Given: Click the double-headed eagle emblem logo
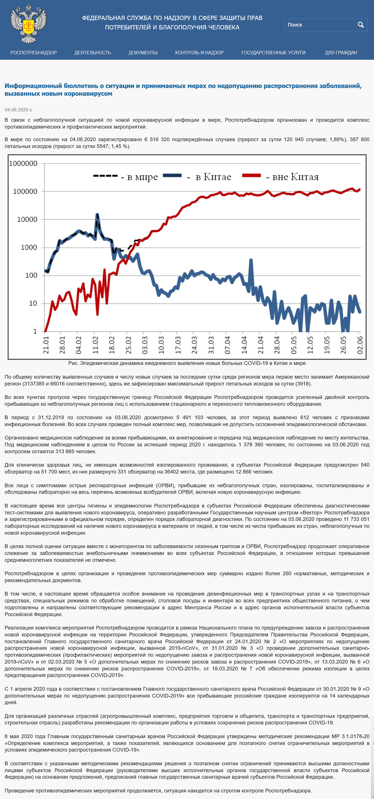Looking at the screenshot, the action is [29, 23].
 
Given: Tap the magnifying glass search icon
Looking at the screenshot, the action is [361, 25].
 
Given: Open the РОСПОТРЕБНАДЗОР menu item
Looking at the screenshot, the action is [33, 53].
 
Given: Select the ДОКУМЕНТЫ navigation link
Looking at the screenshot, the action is [143, 53].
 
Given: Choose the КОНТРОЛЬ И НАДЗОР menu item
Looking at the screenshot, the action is [199, 53].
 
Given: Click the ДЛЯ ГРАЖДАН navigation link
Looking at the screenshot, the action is [341, 53].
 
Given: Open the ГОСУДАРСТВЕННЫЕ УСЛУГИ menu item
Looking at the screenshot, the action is [273, 53].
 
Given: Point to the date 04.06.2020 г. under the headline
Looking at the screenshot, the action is [19, 110].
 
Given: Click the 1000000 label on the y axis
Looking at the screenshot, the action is [23, 163].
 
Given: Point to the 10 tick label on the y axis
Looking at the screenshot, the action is [33, 303].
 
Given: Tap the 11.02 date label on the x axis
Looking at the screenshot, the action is [95, 345].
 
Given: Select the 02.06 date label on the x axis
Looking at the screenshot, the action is [360, 345].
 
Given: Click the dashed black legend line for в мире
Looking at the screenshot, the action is [105, 176].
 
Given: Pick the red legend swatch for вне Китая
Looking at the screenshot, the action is [251, 175].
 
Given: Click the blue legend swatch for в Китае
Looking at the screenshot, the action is [172, 175].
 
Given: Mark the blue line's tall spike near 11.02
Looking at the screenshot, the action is [97, 214].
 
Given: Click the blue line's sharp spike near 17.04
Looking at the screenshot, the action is [251, 260].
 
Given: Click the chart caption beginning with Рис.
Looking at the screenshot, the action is [187, 363].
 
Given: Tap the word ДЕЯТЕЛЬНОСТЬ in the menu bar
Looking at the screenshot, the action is [93, 53].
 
